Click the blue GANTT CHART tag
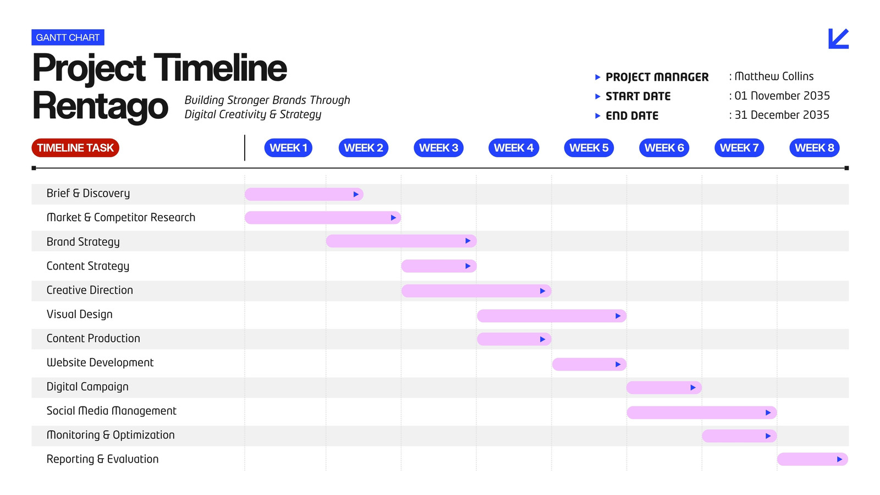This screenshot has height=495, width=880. click(68, 37)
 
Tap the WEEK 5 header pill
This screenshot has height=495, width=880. click(589, 148)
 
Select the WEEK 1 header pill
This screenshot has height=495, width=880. click(288, 148)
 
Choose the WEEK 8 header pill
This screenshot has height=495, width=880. click(815, 148)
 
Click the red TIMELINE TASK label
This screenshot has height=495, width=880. click(75, 148)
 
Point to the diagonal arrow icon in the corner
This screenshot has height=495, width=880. click(838, 38)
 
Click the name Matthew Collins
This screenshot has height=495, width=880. click(774, 76)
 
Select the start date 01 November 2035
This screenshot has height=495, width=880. click(782, 96)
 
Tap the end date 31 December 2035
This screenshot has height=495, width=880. click(782, 115)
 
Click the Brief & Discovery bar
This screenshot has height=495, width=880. click(304, 194)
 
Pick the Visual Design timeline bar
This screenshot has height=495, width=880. click(552, 316)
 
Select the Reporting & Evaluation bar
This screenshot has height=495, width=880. click(812, 459)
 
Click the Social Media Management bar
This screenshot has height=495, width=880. click(702, 413)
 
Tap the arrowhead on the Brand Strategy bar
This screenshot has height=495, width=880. click(468, 241)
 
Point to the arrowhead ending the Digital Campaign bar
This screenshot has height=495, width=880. click(693, 388)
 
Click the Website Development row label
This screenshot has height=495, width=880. click(100, 362)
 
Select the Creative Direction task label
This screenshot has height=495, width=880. click(90, 290)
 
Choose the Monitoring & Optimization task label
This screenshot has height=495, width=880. click(111, 435)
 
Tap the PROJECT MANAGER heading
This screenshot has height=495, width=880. click(657, 77)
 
